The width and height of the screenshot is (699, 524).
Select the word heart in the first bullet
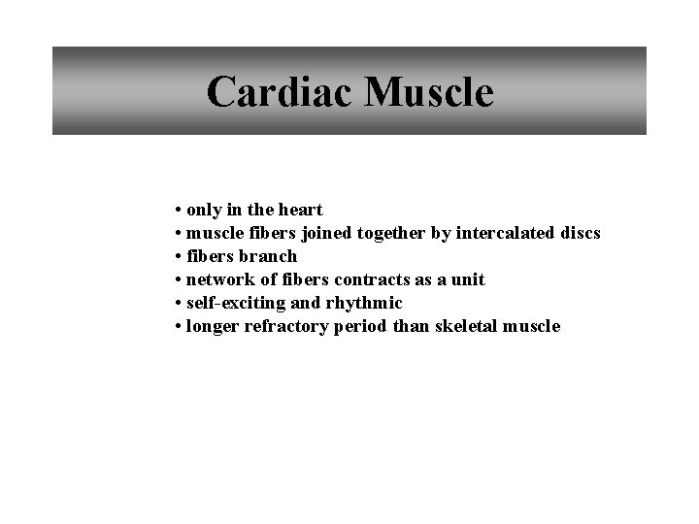[x=302, y=210]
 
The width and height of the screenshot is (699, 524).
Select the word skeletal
[x=462, y=326]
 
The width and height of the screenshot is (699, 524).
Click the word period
[x=360, y=326]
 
